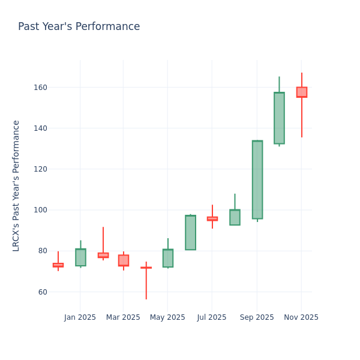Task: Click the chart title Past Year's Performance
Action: click(79, 27)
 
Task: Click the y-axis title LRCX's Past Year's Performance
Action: click(16, 185)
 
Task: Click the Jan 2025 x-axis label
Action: click(80, 317)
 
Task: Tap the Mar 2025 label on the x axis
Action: click(123, 317)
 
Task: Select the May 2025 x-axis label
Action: click(167, 317)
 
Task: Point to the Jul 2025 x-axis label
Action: click(211, 317)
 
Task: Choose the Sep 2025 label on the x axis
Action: click(257, 317)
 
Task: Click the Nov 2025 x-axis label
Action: click(301, 317)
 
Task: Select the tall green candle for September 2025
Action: click(257, 179)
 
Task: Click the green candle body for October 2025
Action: click(279, 118)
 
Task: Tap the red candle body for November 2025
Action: click(301, 92)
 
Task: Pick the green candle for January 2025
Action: click(80, 257)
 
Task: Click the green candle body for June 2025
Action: click(190, 233)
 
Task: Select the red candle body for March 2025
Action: click(124, 260)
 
